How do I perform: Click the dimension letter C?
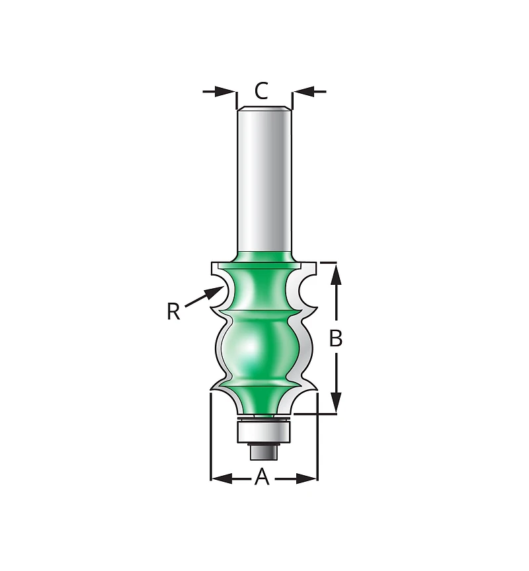[261, 91]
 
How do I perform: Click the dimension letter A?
[262, 477]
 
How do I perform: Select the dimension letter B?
[335, 338]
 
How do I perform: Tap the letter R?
[173, 312]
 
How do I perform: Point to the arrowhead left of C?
[225, 91]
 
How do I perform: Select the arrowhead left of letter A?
[222, 478]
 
